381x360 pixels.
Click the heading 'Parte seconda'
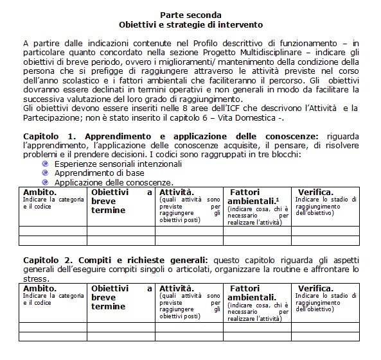tap(190, 14)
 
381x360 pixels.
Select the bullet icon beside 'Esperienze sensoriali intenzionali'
tap(45, 164)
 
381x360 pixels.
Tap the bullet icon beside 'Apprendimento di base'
tap(45, 173)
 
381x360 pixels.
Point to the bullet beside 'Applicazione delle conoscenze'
tap(45, 182)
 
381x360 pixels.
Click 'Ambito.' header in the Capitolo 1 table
tap(40, 192)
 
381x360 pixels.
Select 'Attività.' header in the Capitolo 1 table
tap(177, 192)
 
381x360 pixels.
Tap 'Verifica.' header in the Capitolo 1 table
tap(315, 192)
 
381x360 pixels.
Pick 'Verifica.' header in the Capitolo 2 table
tap(315, 289)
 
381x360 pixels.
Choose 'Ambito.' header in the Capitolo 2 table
tap(40, 289)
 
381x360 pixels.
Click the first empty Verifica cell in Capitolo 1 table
tap(324, 231)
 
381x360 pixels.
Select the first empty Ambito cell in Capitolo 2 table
tap(53, 327)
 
